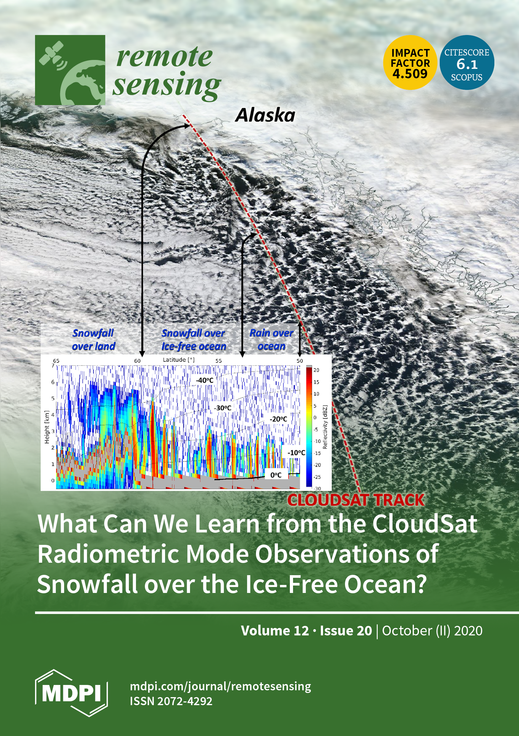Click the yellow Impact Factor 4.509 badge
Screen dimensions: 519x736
(410, 63)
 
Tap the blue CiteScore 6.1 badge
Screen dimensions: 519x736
(467, 63)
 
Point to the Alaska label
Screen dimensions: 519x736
(265, 115)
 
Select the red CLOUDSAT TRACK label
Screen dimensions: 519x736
(356, 500)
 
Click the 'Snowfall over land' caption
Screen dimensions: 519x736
(93, 340)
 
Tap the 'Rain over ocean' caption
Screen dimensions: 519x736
(271, 340)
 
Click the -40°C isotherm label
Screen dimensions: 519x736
(205, 380)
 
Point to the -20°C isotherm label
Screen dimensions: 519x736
(279, 419)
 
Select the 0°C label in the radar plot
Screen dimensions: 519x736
(276, 475)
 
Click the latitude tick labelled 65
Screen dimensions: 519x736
(56, 361)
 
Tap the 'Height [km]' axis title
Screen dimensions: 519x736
(47, 427)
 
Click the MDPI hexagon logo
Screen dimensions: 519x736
(71, 693)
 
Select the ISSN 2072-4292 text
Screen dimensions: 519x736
(171, 701)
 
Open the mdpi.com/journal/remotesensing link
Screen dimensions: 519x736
(220, 686)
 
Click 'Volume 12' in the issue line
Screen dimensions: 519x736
(275, 631)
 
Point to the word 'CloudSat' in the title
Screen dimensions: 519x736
(424, 524)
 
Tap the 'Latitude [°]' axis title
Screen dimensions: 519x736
(179, 360)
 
